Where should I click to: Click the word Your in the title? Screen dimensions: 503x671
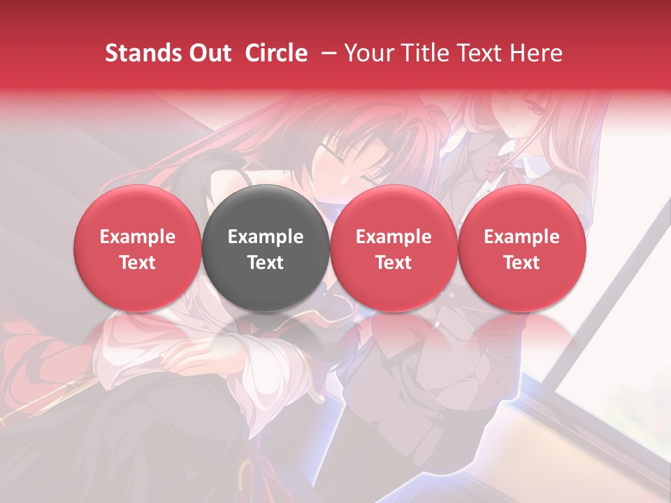pos(366,53)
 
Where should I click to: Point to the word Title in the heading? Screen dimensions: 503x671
pos(418,53)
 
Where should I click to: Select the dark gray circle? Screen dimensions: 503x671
pos(266,249)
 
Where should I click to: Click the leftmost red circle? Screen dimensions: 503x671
pos(137,249)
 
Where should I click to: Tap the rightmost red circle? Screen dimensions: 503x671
pos(522,249)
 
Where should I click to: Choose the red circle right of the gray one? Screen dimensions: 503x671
pos(394,249)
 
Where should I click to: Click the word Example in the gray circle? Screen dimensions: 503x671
pos(266,237)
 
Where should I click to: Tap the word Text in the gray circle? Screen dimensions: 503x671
pos(266,263)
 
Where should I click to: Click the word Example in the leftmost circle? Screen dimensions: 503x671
pos(137,237)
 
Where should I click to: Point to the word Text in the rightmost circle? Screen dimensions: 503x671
pos(522,263)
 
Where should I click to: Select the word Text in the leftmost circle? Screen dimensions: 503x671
pos(137,263)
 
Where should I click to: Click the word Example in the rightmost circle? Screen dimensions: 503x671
pos(522,237)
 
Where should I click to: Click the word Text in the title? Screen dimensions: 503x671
pos(477,53)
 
